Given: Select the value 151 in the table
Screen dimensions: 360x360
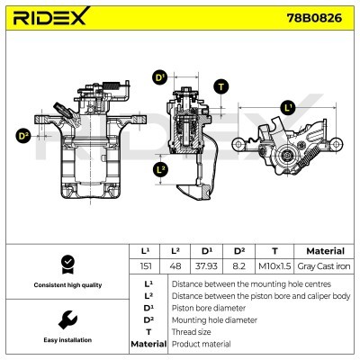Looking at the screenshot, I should point(146,266).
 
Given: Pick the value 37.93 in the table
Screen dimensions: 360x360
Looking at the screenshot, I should point(206,266).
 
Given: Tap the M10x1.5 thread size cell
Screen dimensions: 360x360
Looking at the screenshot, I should point(274,266).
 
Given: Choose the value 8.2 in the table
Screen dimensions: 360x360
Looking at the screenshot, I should point(240,266).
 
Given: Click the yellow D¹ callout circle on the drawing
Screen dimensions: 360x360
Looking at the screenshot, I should point(160,77).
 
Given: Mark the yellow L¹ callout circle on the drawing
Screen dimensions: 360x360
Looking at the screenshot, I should point(288,108).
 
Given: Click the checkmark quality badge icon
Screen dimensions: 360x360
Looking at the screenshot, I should point(65,264).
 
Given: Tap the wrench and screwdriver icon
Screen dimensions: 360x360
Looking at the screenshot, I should point(65,319).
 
